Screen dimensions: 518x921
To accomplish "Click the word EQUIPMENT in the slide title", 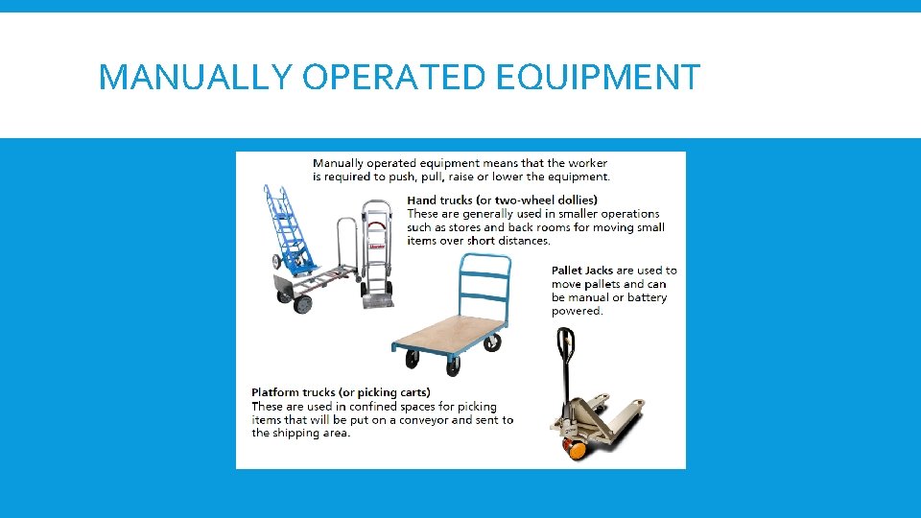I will click(x=599, y=77).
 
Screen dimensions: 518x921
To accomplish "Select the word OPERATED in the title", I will click(x=396, y=77).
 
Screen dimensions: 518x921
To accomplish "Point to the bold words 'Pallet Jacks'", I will click(x=582, y=271).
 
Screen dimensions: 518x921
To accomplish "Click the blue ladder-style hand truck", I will click(x=289, y=230).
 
